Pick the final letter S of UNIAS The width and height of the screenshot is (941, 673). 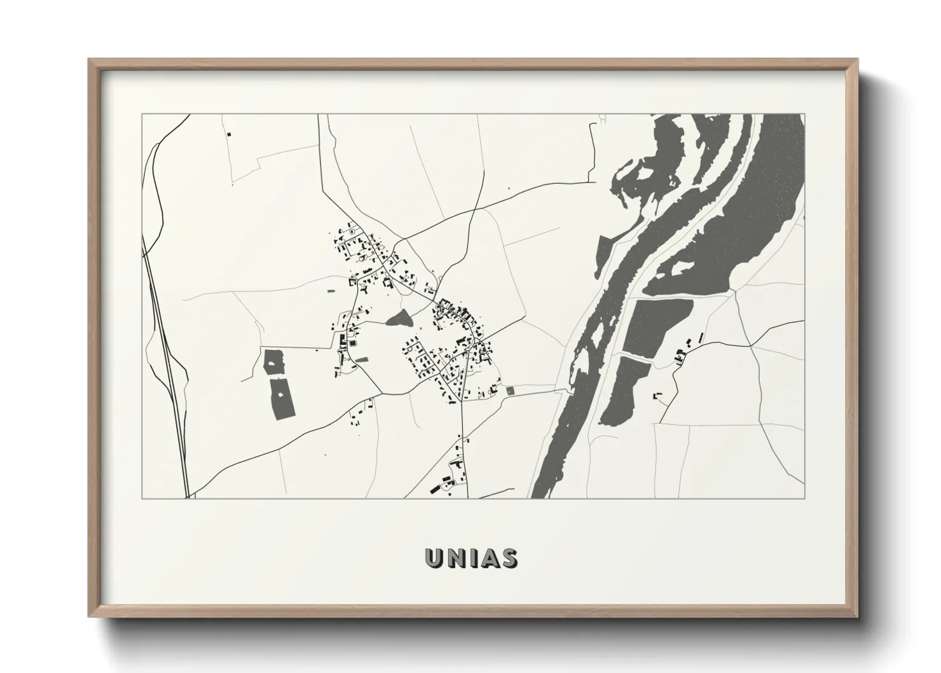[508, 558]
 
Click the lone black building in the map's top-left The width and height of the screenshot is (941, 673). [229, 134]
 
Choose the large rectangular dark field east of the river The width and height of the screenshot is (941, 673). [656, 324]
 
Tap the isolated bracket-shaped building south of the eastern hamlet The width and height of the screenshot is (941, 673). [657, 396]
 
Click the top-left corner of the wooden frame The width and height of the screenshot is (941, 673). [90, 60]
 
